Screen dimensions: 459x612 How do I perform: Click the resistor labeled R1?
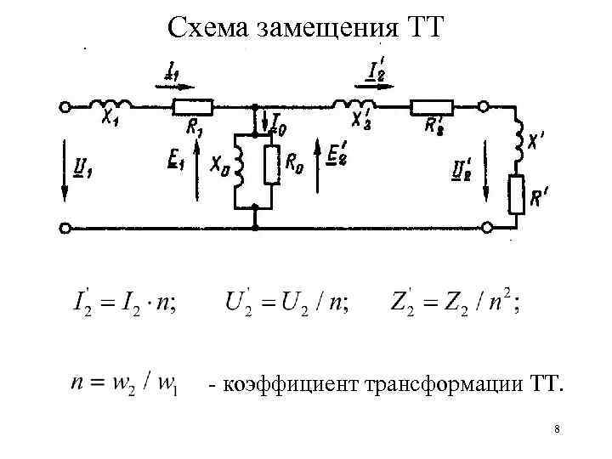pyautogui.click(x=193, y=108)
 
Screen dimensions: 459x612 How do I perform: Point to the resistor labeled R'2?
pyautogui.click(x=432, y=108)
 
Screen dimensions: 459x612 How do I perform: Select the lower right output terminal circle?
pyautogui.click(x=486, y=228)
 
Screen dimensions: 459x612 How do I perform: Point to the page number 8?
pyautogui.click(x=556, y=430)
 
